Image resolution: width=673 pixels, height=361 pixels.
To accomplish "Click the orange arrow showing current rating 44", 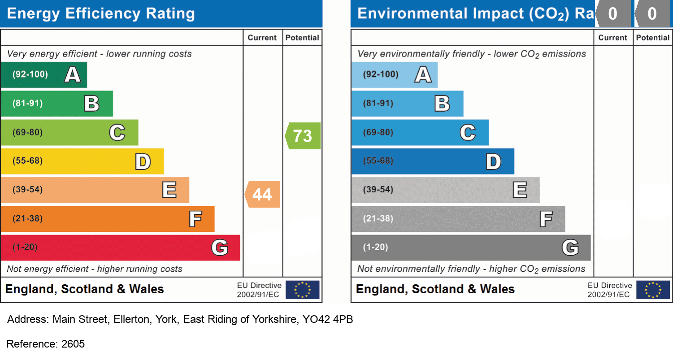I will (x=263, y=194).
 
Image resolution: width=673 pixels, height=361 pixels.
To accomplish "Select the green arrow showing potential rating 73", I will (x=303, y=135).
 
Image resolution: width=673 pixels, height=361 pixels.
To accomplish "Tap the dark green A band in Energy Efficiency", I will (x=43, y=75).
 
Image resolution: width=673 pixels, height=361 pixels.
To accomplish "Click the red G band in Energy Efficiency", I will (x=120, y=248).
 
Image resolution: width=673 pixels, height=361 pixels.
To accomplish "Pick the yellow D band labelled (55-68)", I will (x=82, y=161).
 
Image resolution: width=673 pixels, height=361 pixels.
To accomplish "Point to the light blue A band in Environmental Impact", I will (x=394, y=75).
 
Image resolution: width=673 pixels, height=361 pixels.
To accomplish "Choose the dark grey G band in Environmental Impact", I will (x=470, y=248).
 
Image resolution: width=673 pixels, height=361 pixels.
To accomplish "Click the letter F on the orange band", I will (x=195, y=219).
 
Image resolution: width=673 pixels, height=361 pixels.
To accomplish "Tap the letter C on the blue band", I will (x=468, y=133).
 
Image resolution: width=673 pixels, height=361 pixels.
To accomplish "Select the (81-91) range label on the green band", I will (x=27, y=104).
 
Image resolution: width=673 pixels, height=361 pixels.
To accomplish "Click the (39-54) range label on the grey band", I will (x=378, y=190).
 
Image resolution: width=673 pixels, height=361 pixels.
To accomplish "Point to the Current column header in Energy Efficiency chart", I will (x=262, y=38).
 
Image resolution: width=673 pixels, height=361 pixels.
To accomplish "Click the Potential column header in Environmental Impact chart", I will (x=652, y=38).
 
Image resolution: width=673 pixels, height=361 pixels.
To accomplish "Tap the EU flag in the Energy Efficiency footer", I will (x=303, y=290).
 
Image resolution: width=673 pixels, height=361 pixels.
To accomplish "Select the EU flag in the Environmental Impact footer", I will (x=653, y=290).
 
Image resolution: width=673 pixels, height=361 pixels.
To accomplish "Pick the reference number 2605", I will (x=73, y=344).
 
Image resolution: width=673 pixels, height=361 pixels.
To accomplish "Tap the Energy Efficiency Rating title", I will (x=101, y=13).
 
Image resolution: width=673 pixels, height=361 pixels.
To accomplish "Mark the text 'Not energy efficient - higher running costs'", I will (x=95, y=269).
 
